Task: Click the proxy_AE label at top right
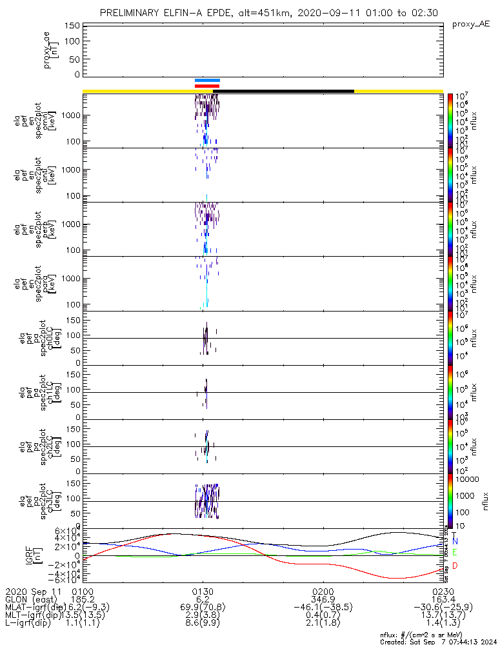(x=471, y=24)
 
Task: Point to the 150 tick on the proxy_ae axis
(x=72, y=26)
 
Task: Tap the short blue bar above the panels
(x=207, y=81)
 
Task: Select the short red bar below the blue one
(x=207, y=86)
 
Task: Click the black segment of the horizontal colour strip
(x=287, y=91)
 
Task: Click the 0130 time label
(x=203, y=590)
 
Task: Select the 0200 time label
(x=323, y=590)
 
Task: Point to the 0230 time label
(x=443, y=590)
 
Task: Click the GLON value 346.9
(x=323, y=599)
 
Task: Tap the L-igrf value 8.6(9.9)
(x=203, y=624)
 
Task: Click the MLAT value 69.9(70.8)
(x=203, y=608)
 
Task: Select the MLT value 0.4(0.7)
(x=323, y=616)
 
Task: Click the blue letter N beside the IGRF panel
(x=455, y=541)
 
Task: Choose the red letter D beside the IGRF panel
(x=455, y=565)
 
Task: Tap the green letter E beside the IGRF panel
(x=455, y=553)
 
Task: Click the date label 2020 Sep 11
(x=32, y=590)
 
